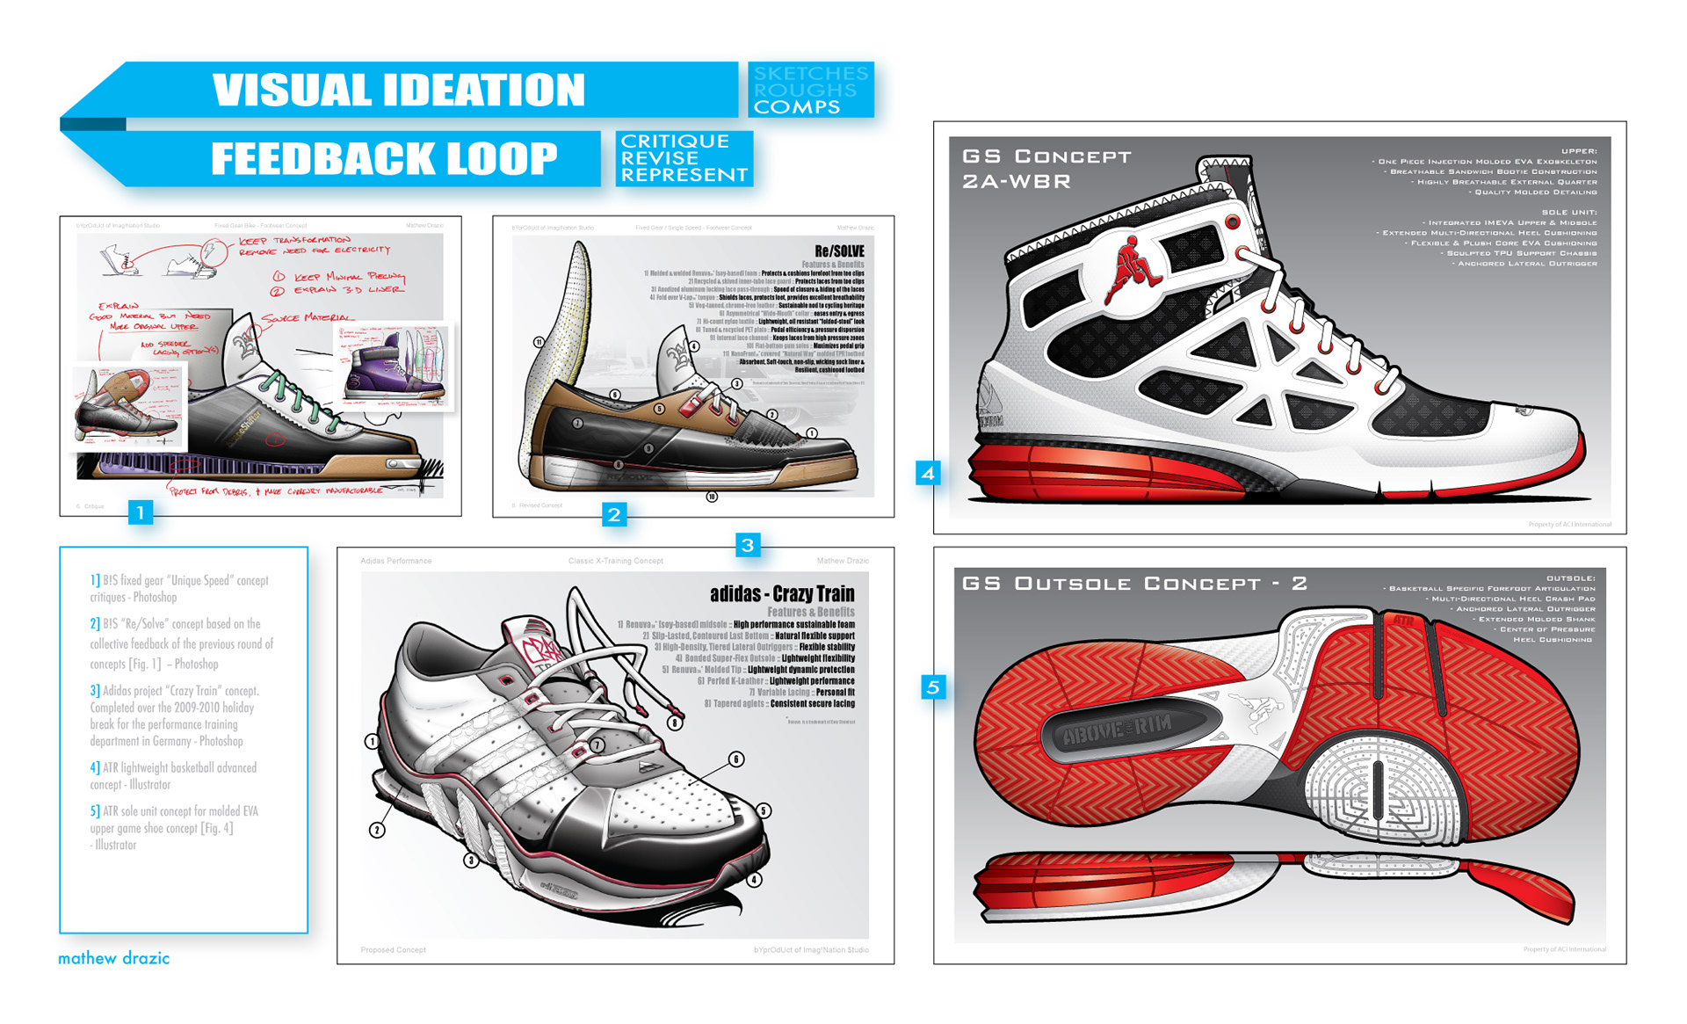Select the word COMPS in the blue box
[x=796, y=107]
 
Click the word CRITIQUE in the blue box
[x=674, y=142]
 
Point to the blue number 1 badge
[x=140, y=512]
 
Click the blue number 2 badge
[x=614, y=514]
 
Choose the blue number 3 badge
[x=747, y=545]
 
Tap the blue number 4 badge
[x=928, y=474]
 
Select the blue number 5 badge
[x=933, y=686]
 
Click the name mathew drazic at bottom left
[x=113, y=958]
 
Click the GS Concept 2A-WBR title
[x=1046, y=169]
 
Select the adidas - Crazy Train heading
[x=781, y=594]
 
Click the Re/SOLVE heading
[x=839, y=251]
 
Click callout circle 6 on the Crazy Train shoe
[x=735, y=759]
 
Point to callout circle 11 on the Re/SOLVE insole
[x=539, y=342]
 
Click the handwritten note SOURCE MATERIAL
[x=308, y=317]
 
